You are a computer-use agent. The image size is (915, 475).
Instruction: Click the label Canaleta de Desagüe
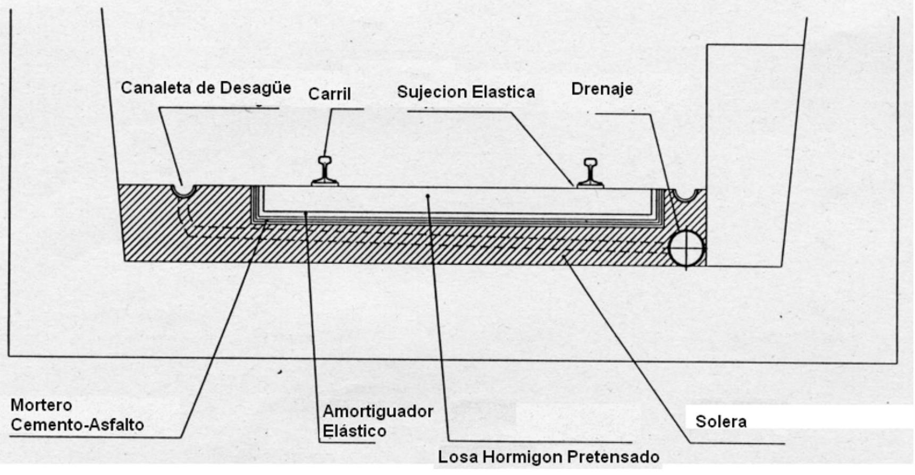click(206, 88)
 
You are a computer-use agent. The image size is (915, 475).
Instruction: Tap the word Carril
click(330, 94)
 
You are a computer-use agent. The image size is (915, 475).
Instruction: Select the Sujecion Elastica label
click(466, 92)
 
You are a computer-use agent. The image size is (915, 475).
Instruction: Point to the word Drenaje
click(602, 89)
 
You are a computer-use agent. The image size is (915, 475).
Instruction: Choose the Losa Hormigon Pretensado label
click(548, 457)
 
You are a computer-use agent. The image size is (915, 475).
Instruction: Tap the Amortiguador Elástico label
click(377, 421)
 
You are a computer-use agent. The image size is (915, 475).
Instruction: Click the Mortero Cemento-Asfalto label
click(77, 415)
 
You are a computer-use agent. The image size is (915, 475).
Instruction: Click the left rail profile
click(324, 171)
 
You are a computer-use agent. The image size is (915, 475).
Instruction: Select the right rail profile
click(590, 173)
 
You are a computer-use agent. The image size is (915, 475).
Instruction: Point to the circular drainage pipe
click(686, 248)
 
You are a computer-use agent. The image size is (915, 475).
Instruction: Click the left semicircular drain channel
click(184, 191)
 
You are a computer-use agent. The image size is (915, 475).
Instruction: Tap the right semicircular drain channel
click(684, 195)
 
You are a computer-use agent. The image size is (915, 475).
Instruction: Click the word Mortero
click(41, 405)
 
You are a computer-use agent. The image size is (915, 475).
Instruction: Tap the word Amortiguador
click(377, 412)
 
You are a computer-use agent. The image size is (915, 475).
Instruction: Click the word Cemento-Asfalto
click(77, 425)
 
